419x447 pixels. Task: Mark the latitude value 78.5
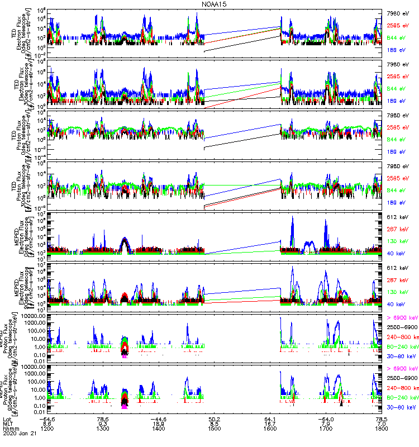(x=382, y=417)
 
